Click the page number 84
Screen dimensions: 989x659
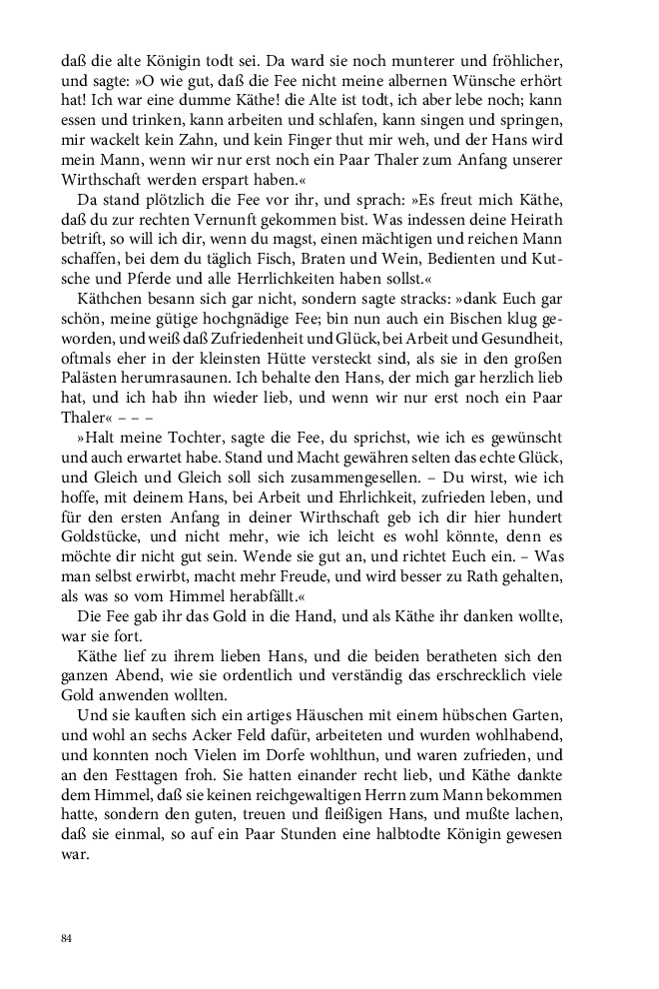(x=67, y=938)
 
